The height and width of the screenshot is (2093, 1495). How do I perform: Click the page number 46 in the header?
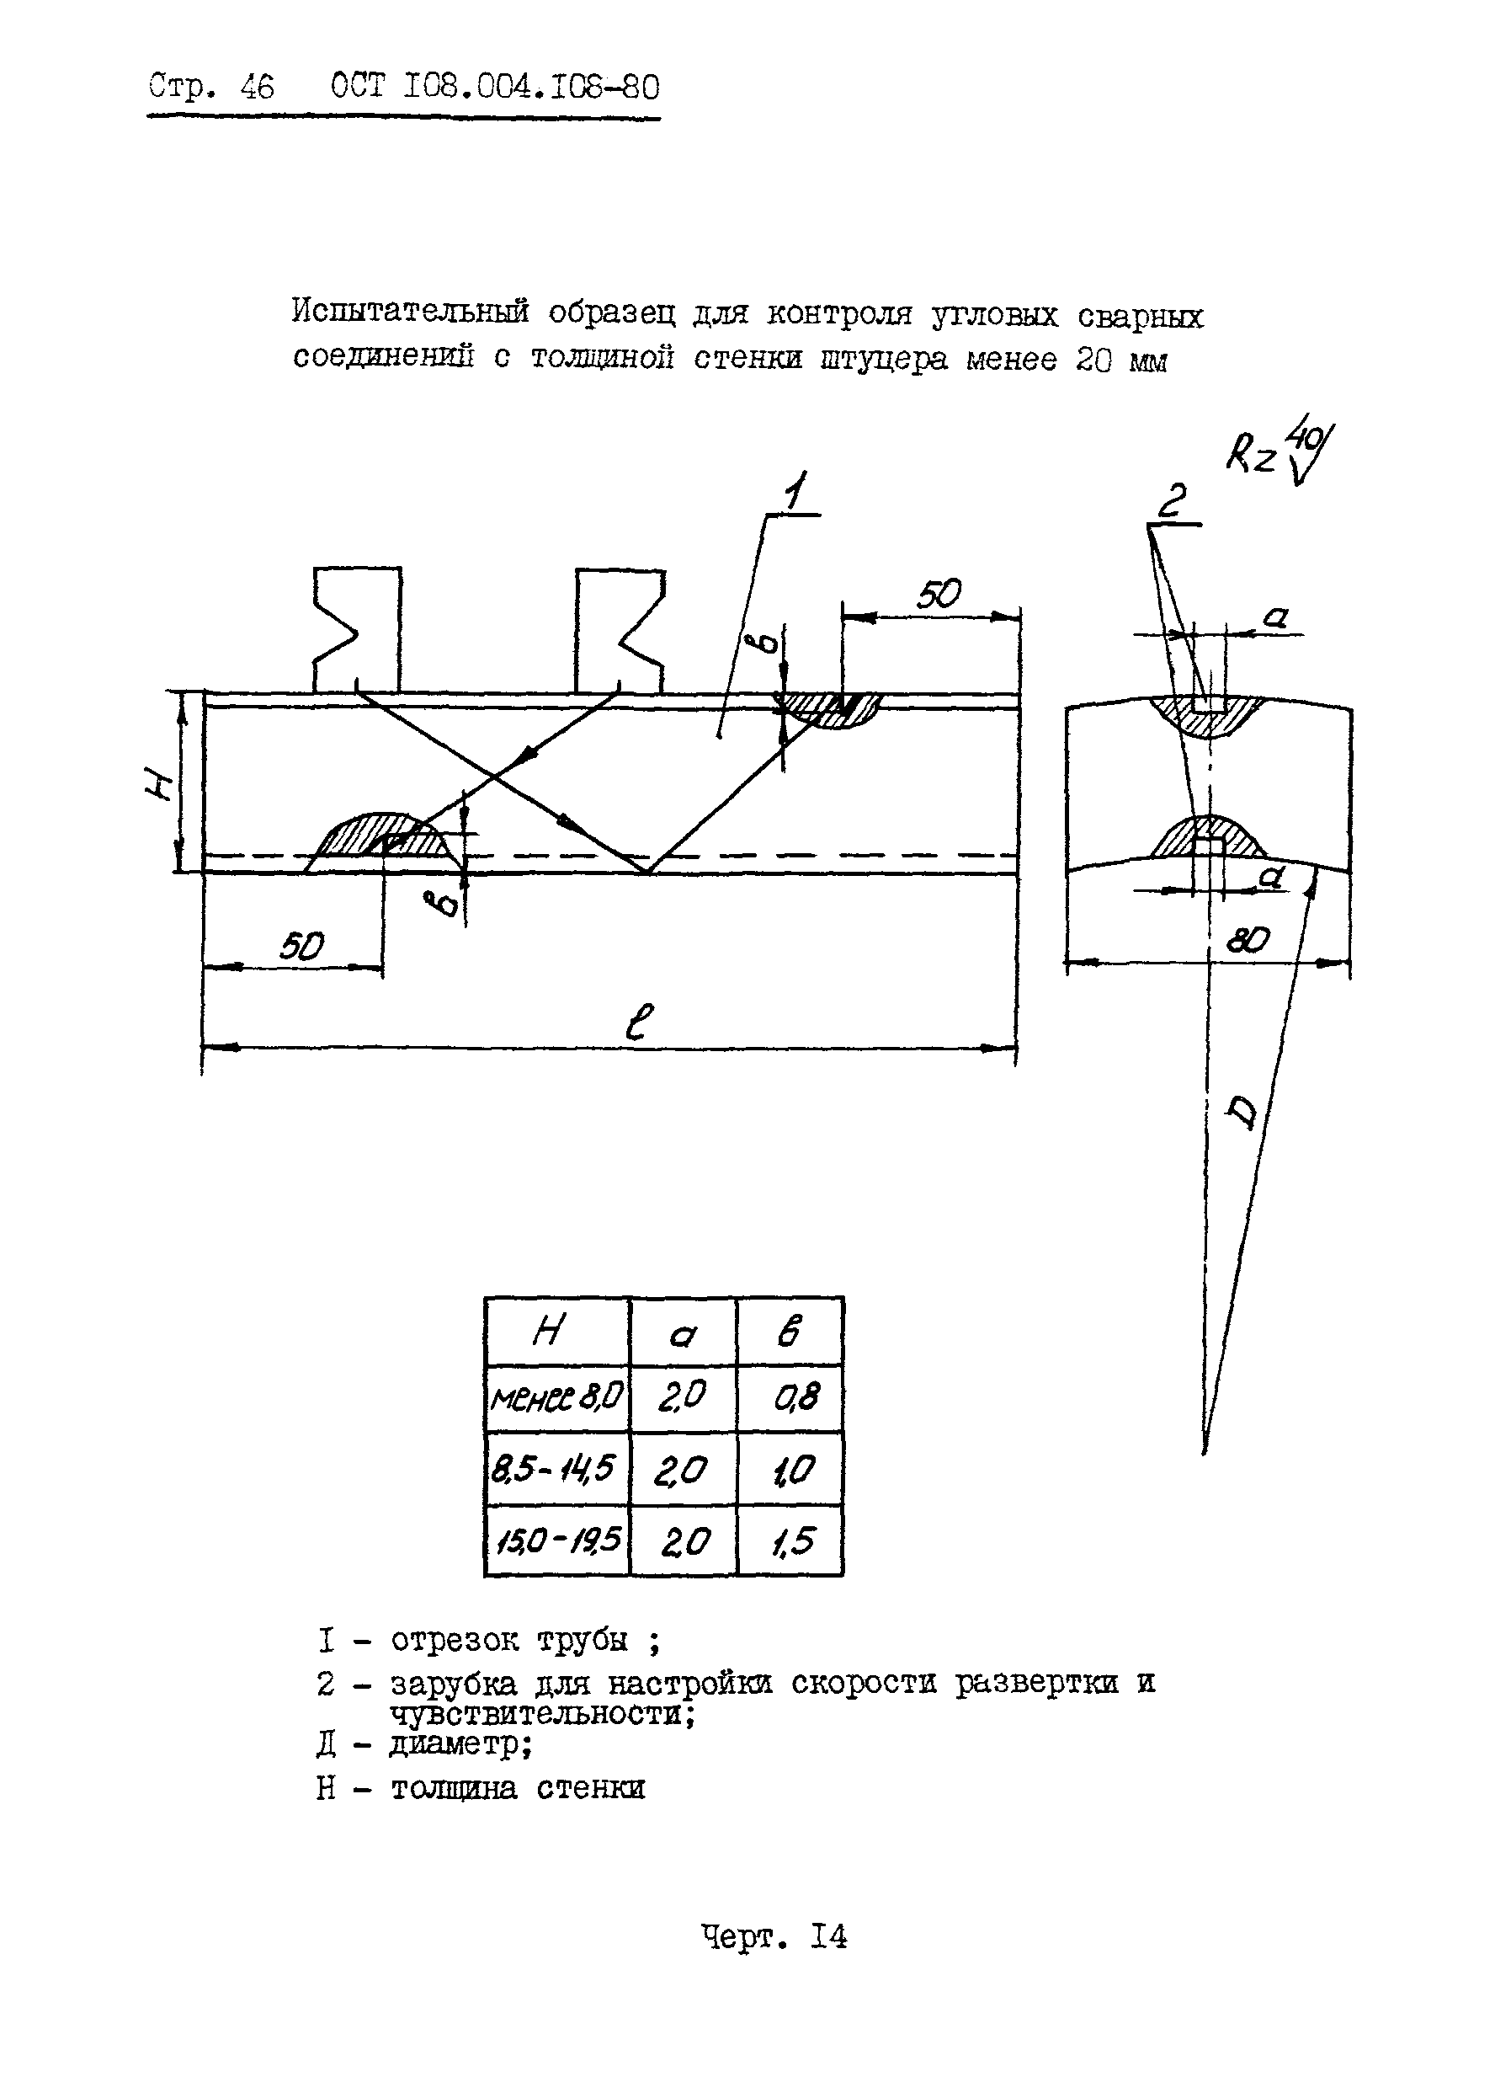point(256,88)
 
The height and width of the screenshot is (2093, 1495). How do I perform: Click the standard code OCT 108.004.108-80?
point(494,88)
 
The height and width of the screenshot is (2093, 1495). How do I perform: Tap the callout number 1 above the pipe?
point(795,493)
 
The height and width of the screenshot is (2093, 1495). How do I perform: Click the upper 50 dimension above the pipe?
point(938,595)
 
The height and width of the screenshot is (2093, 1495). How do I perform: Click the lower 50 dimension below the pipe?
point(301,946)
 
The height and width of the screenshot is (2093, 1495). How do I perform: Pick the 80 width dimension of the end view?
point(1248,939)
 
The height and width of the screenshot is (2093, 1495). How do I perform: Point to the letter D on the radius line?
point(1242,1113)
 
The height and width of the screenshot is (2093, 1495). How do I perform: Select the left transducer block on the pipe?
point(357,630)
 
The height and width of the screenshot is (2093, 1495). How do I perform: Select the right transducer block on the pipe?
point(620,630)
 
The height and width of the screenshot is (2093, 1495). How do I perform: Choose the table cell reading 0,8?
point(790,1398)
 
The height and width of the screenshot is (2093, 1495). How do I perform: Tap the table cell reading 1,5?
point(790,1540)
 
